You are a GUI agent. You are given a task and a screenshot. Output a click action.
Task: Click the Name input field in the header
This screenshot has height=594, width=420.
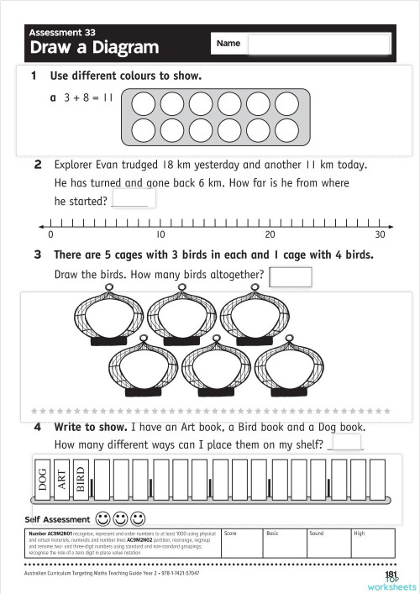[319, 44]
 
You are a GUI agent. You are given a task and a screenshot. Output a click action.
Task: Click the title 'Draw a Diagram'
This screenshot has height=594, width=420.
[94, 48]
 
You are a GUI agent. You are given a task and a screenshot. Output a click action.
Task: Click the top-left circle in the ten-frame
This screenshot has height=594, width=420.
[144, 103]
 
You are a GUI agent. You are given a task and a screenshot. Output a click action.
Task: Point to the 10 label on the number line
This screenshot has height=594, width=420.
[160, 234]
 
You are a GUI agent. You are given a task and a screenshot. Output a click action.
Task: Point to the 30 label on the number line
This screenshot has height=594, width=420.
[380, 234]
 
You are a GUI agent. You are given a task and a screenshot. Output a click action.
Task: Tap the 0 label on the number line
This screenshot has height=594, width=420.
[51, 234]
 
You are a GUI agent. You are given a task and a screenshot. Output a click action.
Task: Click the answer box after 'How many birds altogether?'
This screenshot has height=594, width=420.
[291, 276]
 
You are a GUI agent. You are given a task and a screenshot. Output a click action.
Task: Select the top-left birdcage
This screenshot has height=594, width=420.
[108, 318]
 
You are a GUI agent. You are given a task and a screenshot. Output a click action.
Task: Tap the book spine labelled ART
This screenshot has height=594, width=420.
[61, 478]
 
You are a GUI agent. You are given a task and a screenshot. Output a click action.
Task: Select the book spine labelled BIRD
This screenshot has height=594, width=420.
[81, 478]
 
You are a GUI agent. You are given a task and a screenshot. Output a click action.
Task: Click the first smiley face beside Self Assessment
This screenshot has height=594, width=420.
[102, 518]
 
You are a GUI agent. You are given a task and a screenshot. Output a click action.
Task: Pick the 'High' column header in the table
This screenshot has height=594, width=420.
[360, 534]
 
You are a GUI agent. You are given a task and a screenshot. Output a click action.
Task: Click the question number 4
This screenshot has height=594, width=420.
[38, 427]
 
